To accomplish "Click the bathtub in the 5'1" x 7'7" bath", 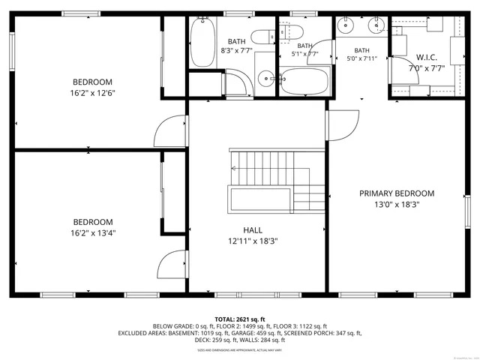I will pyautogui.click(x=304, y=80).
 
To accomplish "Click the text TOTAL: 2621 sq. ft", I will pyautogui.click(x=240, y=319).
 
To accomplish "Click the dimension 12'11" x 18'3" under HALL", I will pyautogui.click(x=252, y=241).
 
